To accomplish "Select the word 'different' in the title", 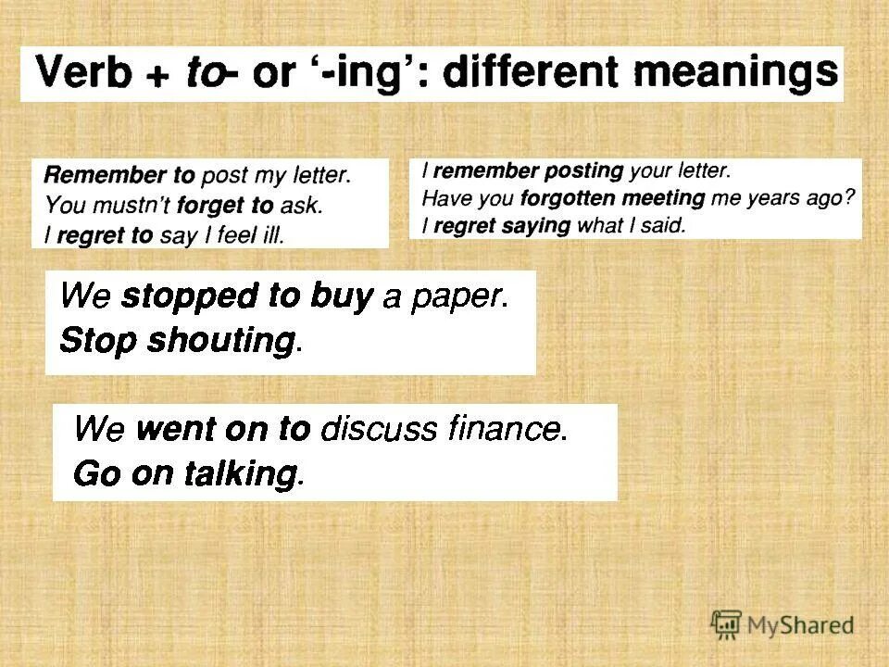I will tap(527, 72).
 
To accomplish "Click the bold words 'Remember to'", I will tap(119, 175).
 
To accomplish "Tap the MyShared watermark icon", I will tap(727, 623).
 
